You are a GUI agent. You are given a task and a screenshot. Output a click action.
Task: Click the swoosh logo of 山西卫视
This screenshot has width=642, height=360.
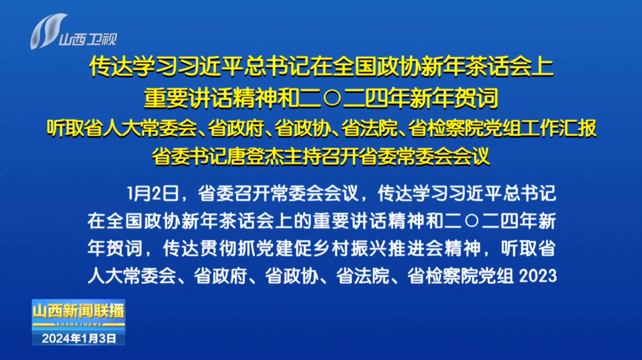coord(48,31)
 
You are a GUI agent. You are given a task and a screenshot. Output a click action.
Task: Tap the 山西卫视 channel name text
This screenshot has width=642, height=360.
coord(88,40)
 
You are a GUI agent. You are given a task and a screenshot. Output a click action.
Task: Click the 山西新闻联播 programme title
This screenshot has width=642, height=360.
coord(78,311)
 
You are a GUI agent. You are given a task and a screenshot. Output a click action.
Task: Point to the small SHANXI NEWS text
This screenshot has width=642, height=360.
coord(79,324)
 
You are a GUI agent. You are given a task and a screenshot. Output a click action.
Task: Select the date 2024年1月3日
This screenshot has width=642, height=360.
coord(79,339)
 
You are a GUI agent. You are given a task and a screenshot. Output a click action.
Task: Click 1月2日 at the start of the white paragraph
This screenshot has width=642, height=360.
coord(153,194)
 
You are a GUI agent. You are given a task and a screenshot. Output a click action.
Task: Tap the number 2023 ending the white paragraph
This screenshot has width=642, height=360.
coord(537,276)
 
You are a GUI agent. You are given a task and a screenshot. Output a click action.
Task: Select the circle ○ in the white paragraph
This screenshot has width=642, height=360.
coord(472,221)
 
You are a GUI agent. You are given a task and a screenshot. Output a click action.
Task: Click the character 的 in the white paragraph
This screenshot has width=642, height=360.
coord(303,221)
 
